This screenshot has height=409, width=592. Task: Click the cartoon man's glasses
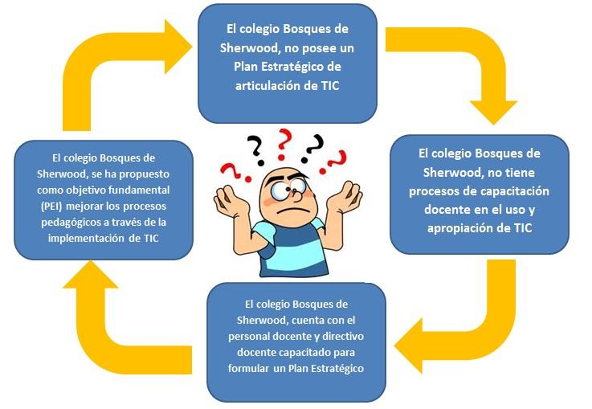pyautogui.click(x=281, y=190)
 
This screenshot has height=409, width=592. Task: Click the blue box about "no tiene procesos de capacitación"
pyautogui.click(x=480, y=194)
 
